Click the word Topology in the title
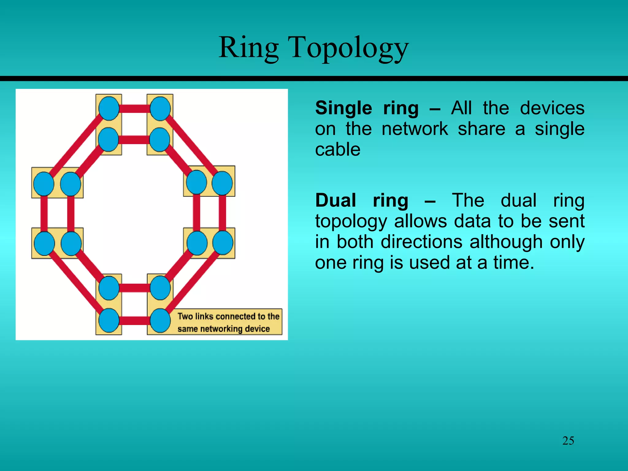[348, 48]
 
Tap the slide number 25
[568, 441]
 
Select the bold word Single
[343, 108]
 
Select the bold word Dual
[335, 201]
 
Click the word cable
[338, 150]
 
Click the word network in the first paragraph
[415, 129]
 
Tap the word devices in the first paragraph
[552, 108]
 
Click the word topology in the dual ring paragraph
[351, 221]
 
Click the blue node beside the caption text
[160, 320]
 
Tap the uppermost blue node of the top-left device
[109, 108]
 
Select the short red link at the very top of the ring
[134, 109]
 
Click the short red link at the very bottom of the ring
[134, 321]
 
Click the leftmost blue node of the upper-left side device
[44, 184]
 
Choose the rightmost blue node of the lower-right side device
[223, 243]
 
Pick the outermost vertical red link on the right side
[223, 213]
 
